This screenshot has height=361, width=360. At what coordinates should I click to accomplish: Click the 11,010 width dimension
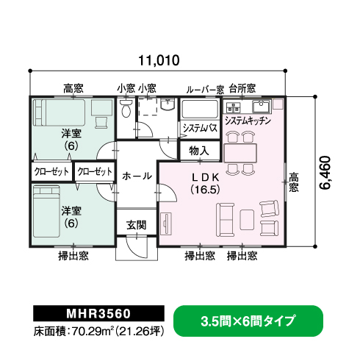(159, 60)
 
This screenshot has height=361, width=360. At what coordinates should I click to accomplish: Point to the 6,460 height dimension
(325, 173)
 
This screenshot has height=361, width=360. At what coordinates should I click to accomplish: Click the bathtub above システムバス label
(200, 109)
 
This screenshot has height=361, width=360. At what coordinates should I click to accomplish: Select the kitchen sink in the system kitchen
(261, 107)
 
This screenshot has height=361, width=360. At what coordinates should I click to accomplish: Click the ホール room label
(137, 176)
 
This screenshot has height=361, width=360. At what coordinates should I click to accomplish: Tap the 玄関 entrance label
(137, 225)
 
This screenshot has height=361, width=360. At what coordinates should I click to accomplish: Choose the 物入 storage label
(199, 151)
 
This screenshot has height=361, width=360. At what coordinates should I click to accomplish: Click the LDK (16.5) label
(205, 183)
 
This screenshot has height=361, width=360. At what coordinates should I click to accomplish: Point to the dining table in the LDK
(240, 153)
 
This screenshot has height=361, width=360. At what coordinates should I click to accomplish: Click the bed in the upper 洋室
(59, 112)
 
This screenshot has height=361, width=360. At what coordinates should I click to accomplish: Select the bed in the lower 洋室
(46, 211)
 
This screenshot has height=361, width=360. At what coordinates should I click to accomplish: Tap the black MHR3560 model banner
(98, 313)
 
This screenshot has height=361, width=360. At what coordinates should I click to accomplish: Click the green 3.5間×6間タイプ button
(248, 321)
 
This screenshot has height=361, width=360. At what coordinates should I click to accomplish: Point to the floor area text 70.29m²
(91, 332)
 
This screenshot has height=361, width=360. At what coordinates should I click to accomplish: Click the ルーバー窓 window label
(205, 90)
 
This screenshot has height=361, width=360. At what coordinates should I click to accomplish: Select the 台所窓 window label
(242, 88)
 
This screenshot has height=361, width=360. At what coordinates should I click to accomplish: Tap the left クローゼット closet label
(52, 171)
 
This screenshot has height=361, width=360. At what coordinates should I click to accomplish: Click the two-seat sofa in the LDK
(225, 220)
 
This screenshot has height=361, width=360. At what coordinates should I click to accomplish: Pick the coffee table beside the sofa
(247, 220)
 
